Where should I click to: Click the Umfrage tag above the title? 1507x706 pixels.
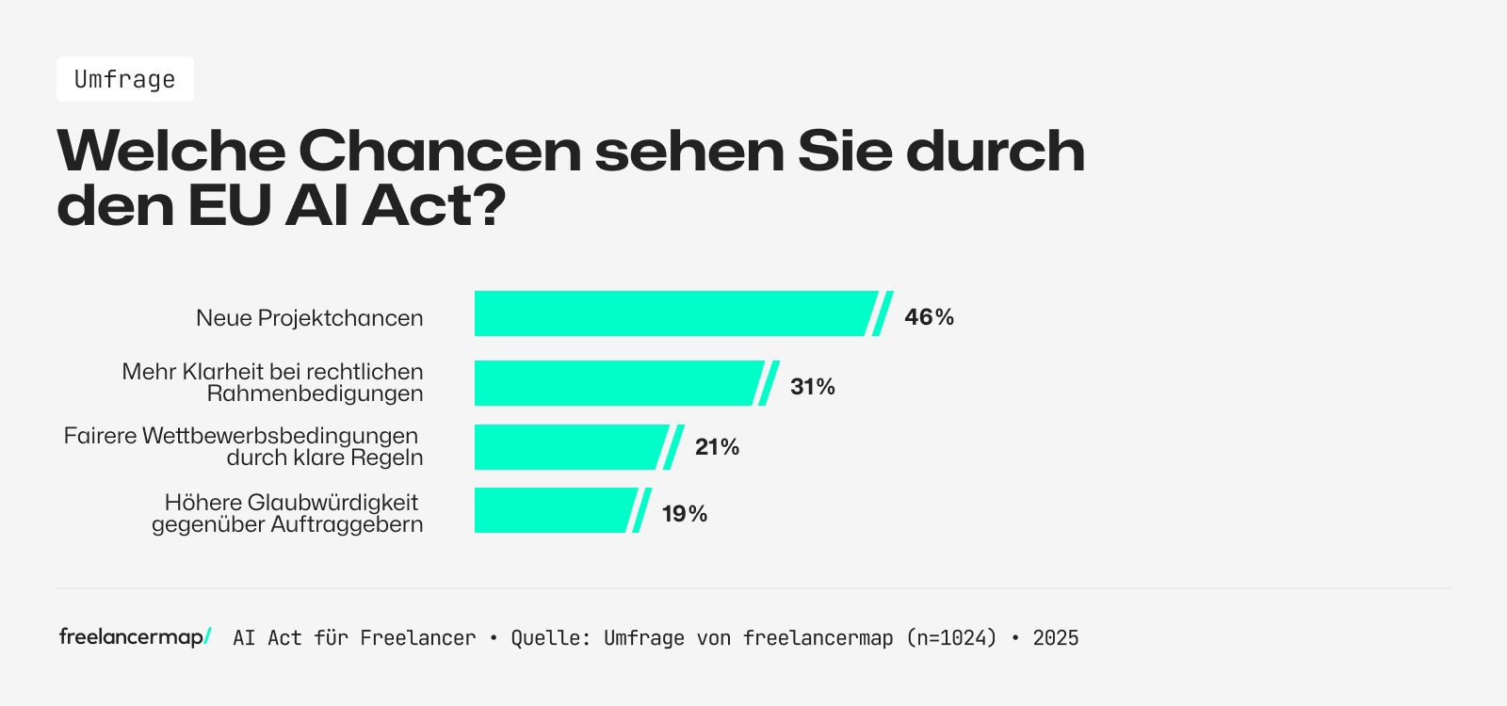[124, 79]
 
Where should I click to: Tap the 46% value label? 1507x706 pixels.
[929, 317]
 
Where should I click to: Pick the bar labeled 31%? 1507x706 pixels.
[617, 383]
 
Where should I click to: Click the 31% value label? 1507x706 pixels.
[812, 387]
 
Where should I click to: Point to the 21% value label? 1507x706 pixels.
[717, 447]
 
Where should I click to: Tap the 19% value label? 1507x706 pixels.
[684, 514]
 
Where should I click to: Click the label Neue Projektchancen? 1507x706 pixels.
[309, 318]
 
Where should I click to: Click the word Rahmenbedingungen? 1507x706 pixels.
[315, 393]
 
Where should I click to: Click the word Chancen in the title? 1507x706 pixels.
[440, 151]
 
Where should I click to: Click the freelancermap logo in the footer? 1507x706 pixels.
[135, 637]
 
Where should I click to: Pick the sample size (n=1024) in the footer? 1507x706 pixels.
[951, 638]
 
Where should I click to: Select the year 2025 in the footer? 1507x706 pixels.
[1055, 638]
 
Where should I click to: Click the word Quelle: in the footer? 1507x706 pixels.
[550, 638]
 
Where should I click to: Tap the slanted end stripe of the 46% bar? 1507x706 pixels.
[883, 313]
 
